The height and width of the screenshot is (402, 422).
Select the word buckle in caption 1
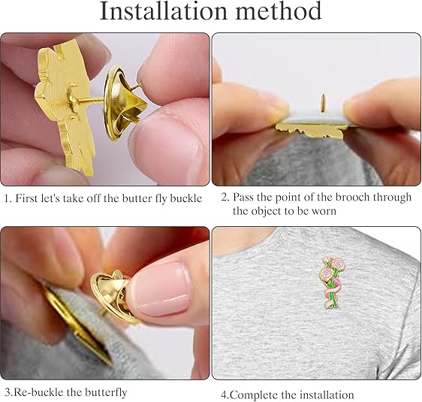pyautogui.click(x=185, y=198)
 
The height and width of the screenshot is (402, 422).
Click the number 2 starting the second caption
pyautogui.click(x=224, y=198)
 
